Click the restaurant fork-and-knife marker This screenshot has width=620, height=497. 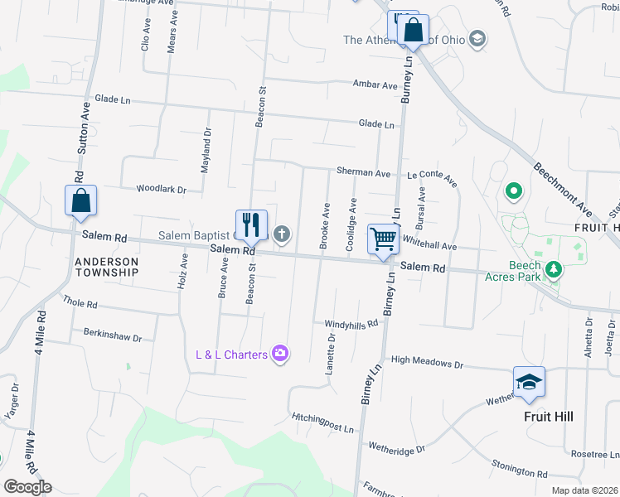[x=251, y=224]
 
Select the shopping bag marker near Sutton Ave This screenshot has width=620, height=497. [x=80, y=200]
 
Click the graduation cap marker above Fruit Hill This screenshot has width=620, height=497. [x=529, y=382]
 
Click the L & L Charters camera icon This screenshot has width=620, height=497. [x=281, y=355]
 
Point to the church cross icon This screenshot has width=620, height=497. [x=282, y=234]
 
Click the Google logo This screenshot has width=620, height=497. [x=27, y=486]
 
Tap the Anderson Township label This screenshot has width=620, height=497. [x=107, y=266]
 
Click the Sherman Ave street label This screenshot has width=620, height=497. [x=363, y=173]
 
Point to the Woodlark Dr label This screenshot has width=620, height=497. [x=162, y=190]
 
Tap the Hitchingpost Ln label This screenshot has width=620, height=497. [x=322, y=422]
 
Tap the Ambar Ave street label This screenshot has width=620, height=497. [x=375, y=84]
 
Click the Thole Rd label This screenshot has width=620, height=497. [x=80, y=304]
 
